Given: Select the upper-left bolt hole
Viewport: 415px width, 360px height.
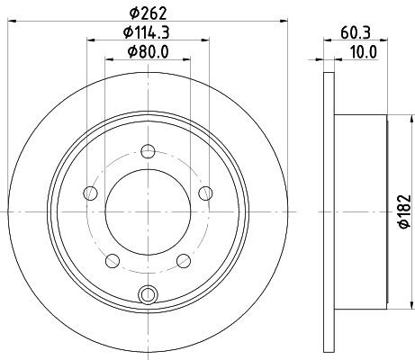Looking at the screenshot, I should click(x=89, y=192).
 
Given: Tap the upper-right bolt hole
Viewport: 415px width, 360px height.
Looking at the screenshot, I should click(x=206, y=191).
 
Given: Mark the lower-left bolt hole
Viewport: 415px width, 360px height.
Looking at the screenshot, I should click(x=112, y=260).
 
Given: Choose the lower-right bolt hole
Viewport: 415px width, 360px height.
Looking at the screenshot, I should click(x=184, y=260).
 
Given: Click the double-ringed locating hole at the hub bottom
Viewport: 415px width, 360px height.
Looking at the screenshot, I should click(x=148, y=292).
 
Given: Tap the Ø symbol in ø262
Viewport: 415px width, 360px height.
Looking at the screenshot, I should click(x=133, y=13).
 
